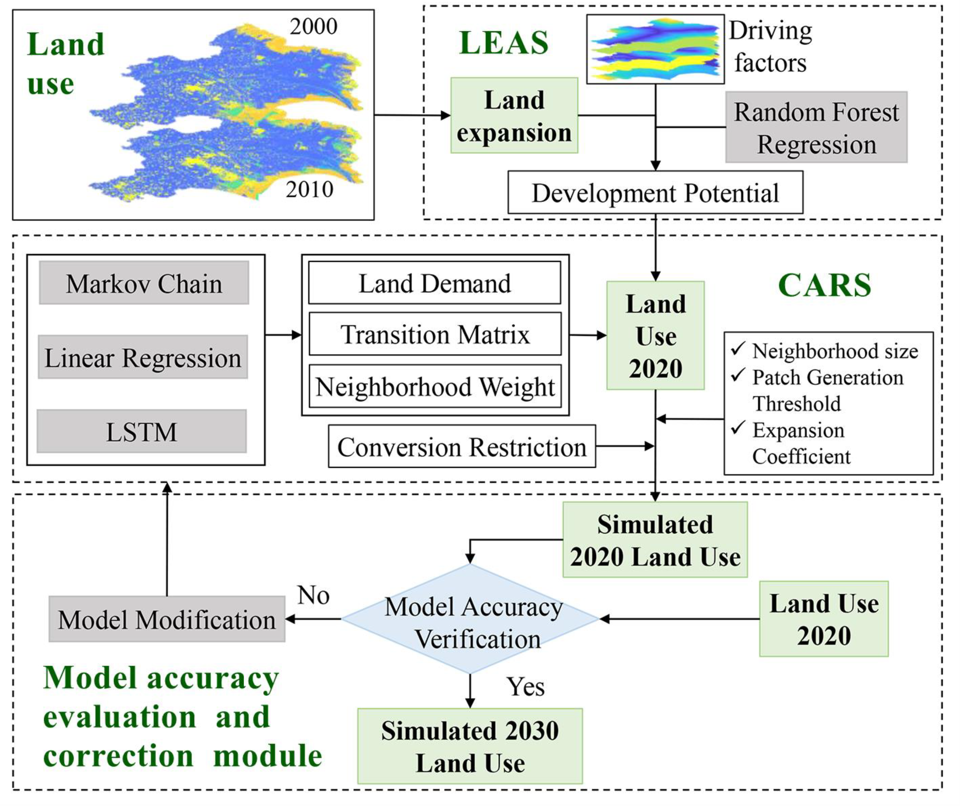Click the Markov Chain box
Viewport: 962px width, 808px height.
point(144,283)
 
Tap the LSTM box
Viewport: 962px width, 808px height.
point(142,432)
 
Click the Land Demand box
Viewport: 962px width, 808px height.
point(434,283)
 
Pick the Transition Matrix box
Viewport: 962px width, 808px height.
point(435,334)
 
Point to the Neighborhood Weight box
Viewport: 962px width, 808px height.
point(435,386)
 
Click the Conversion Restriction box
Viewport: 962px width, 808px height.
point(462,446)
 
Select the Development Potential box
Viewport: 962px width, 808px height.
point(655,193)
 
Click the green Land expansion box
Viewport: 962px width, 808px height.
point(514,115)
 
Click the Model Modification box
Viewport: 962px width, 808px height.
point(167,619)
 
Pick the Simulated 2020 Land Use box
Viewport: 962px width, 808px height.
point(655,540)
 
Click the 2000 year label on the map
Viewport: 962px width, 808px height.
point(313,27)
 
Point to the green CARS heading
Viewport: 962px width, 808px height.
point(824,285)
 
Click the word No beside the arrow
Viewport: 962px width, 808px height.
point(313,595)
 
